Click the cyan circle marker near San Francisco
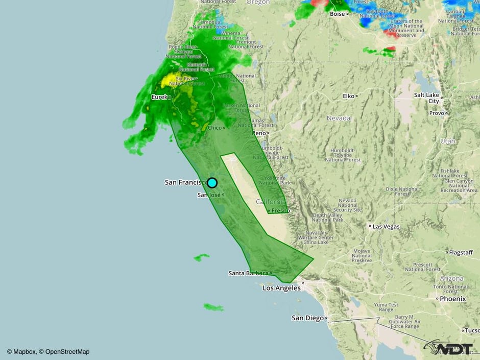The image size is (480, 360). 212,183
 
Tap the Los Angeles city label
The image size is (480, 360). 281,288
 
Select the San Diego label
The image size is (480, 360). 307,318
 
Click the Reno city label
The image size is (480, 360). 259,133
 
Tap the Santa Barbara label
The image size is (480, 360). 248,273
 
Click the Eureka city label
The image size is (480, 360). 160,97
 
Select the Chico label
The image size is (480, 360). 214,128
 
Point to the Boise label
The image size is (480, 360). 337,14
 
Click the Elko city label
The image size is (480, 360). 348,95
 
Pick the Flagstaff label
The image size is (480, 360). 461,252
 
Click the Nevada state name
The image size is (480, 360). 339,118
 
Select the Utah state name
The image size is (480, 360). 447,141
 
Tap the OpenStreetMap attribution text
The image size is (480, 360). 67,351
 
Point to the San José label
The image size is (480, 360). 209,195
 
